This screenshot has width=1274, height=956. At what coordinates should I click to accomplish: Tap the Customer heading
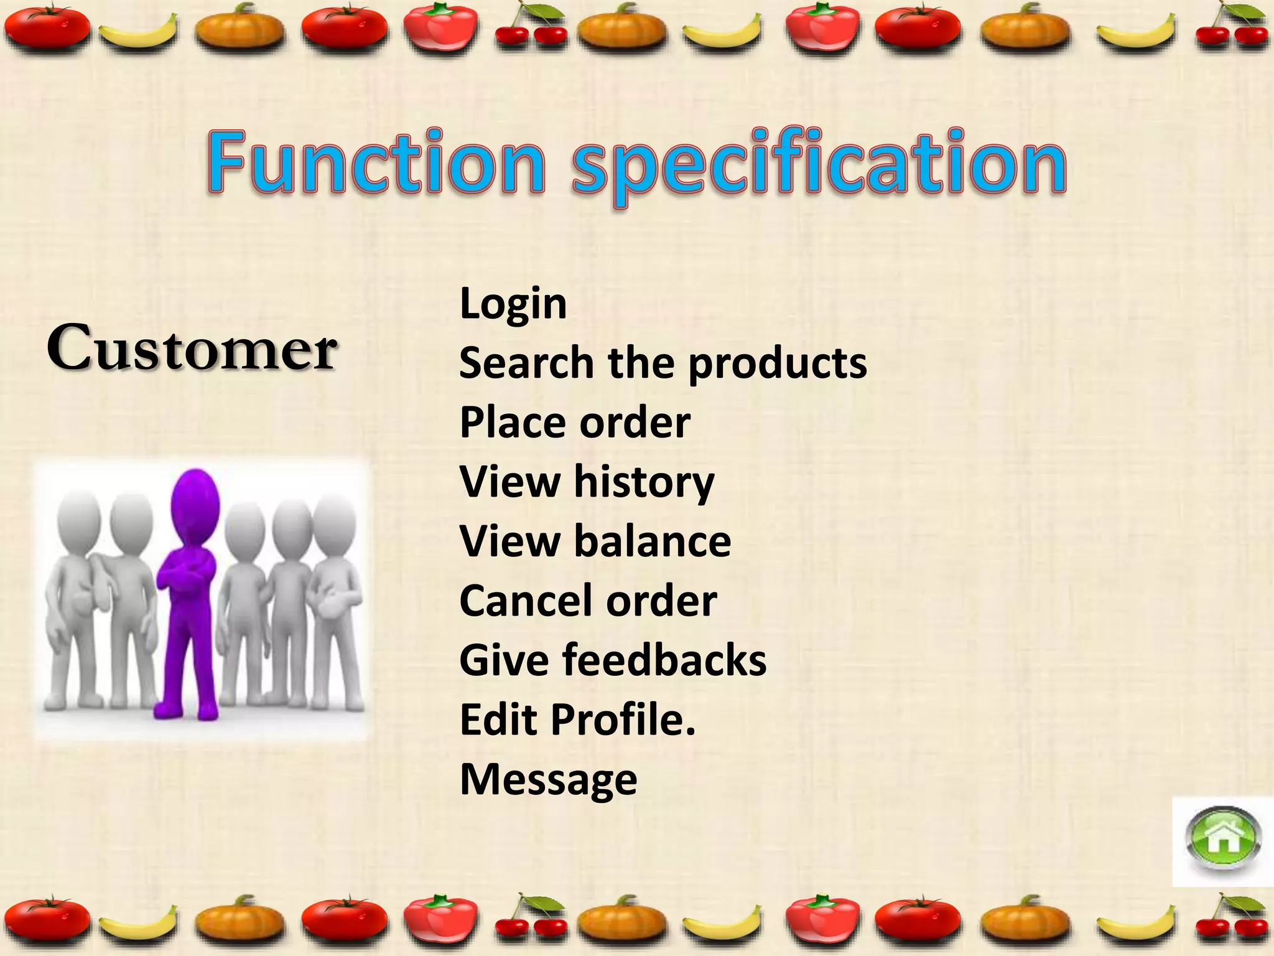tap(192, 349)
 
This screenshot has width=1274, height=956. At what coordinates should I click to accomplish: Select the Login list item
tap(513, 305)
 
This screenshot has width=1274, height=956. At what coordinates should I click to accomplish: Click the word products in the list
tap(778, 363)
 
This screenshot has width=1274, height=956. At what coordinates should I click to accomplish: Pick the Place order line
tap(575, 423)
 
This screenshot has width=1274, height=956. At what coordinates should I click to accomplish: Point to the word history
tap(644, 482)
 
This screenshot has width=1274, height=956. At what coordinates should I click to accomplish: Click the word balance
tap(652, 541)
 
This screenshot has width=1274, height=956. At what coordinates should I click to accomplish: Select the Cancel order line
tap(588, 601)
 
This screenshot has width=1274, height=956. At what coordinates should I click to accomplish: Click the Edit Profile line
tap(577, 719)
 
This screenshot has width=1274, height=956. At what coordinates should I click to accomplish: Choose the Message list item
tap(548, 779)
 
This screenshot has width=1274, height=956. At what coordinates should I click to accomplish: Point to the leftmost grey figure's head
tap(78, 520)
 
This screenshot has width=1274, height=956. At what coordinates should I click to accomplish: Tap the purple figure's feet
tap(187, 710)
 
